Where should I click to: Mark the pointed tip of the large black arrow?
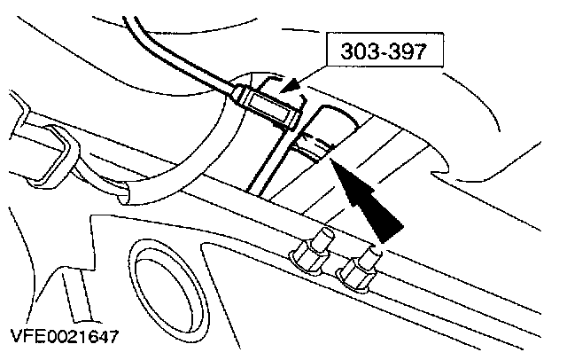pos(330,160)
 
